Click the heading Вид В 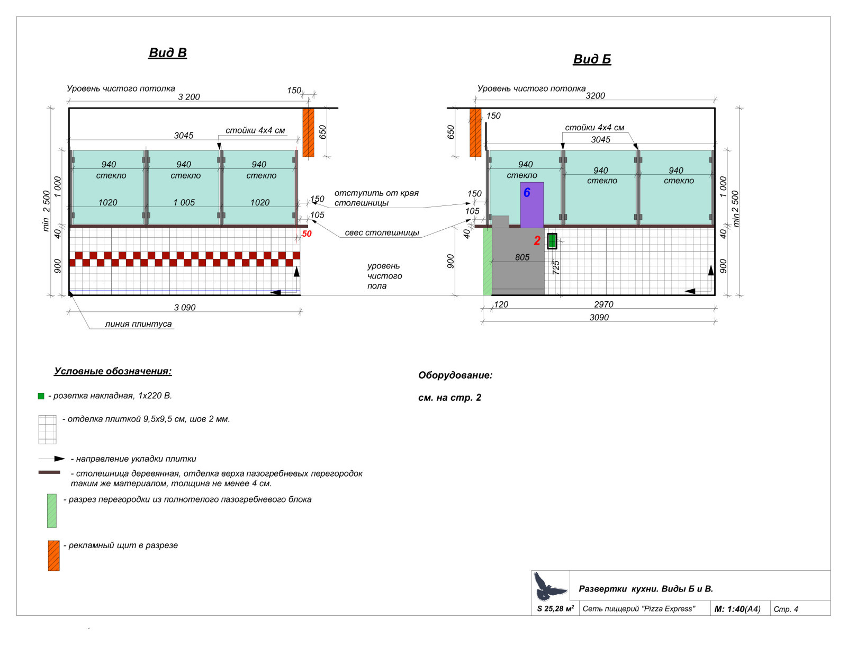pos(167,52)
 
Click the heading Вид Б pos(592,59)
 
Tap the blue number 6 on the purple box pos(527,193)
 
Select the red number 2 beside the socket pos(537,241)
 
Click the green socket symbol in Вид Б pos(552,241)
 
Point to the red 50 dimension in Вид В pos(307,234)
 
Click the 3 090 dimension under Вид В pos(185,307)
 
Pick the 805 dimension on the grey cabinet pos(522,257)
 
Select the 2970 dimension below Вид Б pos(603,304)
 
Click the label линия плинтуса pos(138,324)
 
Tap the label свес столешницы pos(382,232)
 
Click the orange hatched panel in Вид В pos(308,132)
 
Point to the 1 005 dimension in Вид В pos(184,202)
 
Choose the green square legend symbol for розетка pos(41,396)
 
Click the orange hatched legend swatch pos(53,556)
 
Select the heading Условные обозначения pos(113,371)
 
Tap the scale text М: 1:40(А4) pos(737,609)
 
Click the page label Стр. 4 pos(786,609)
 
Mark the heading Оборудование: pos(455,375)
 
